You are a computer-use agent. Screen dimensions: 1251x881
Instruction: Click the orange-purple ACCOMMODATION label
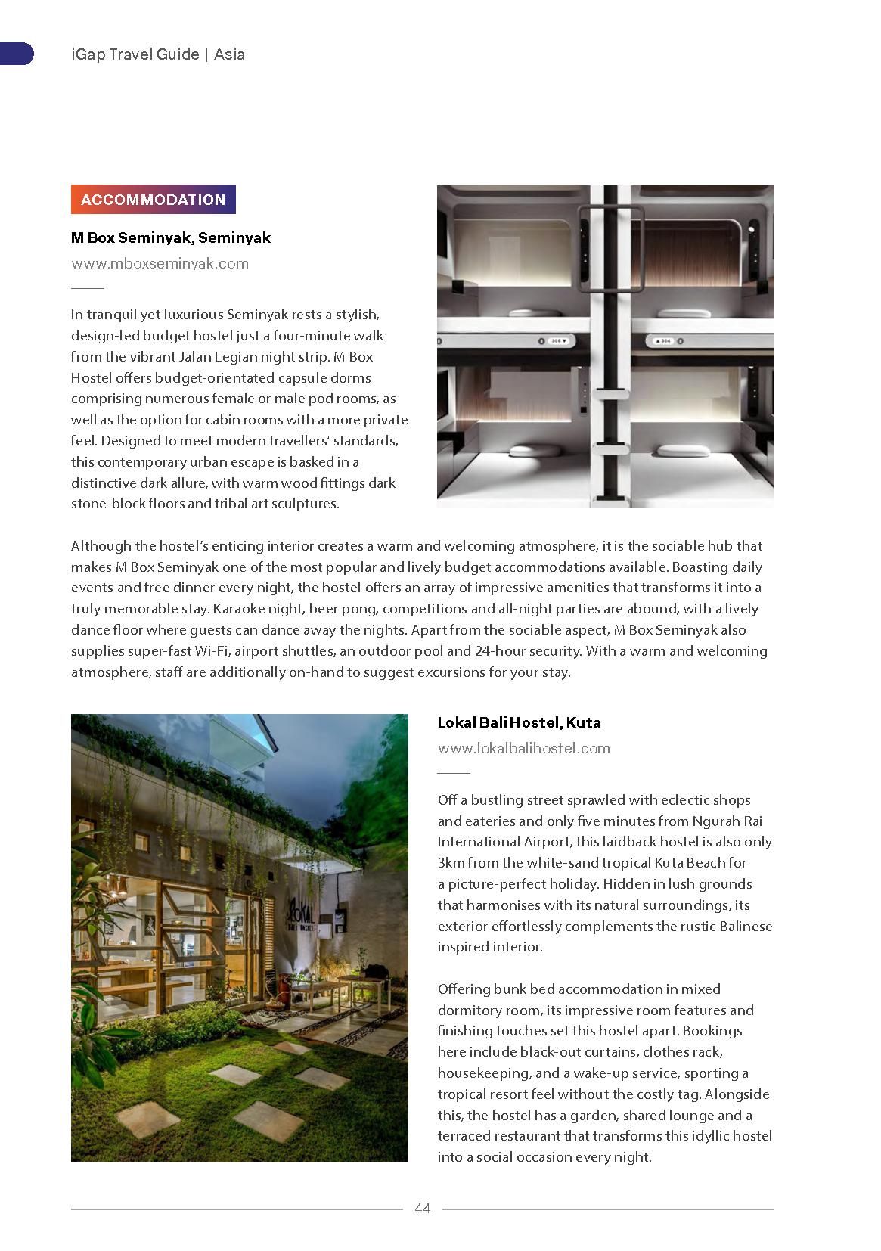pyautogui.click(x=153, y=200)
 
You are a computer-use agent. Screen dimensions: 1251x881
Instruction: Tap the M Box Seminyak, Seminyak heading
pyautogui.click(x=170, y=237)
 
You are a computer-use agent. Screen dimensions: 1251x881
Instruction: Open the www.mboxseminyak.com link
pyautogui.click(x=160, y=263)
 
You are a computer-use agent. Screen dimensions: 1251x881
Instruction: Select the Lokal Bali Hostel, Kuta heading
pyautogui.click(x=519, y=722)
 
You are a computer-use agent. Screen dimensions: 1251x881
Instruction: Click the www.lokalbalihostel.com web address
pyautogui.click(x=523, y=748)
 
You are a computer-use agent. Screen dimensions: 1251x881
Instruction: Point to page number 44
pyautogui.click(x=422, y=1208)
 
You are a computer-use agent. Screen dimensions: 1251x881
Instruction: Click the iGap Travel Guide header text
pyautogui.click(x=134, y=54)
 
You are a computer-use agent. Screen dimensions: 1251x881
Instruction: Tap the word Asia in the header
pyautogui.click(x=230, y=54)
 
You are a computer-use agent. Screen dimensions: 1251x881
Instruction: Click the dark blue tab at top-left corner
pyautogui.click(x=16, y=54)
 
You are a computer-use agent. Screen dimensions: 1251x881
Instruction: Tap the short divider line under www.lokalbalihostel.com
pyautogui.click(x=454, y=773)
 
